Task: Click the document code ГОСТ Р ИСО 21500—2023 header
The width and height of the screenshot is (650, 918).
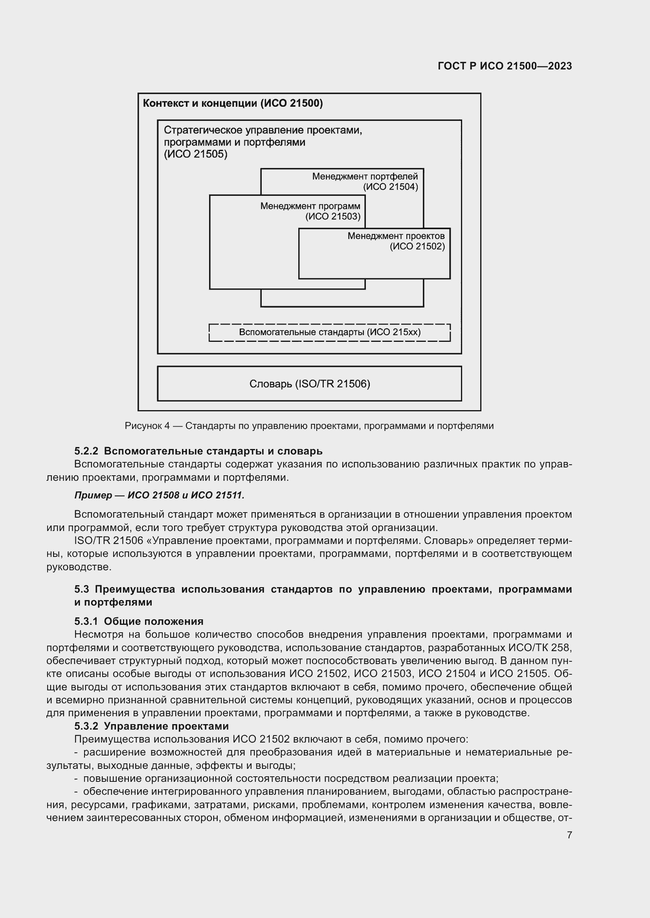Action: (x=505, y=66)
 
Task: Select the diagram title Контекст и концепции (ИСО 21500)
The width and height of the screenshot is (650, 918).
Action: (x=233, y=104)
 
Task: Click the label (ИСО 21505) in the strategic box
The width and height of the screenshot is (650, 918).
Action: (x=195, y=154)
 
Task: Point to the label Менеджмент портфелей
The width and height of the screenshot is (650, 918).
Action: (x=365, y=176)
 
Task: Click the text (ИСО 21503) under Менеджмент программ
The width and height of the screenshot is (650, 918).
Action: (x=332, y=216)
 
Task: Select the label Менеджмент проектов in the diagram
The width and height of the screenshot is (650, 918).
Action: (x=395, y=236)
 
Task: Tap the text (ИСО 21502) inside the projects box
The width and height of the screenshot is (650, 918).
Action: (x=417, y=246)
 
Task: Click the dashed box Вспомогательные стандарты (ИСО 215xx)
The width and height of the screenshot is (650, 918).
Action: (x=329, y=332)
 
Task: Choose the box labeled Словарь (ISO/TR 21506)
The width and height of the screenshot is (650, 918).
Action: (x=309, y=384)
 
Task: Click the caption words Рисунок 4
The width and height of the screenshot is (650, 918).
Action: (x=147, y=426)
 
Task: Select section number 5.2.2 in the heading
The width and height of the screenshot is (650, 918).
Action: (x=86, y=451)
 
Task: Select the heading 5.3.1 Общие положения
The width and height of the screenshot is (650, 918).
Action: (x=138, y=621)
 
